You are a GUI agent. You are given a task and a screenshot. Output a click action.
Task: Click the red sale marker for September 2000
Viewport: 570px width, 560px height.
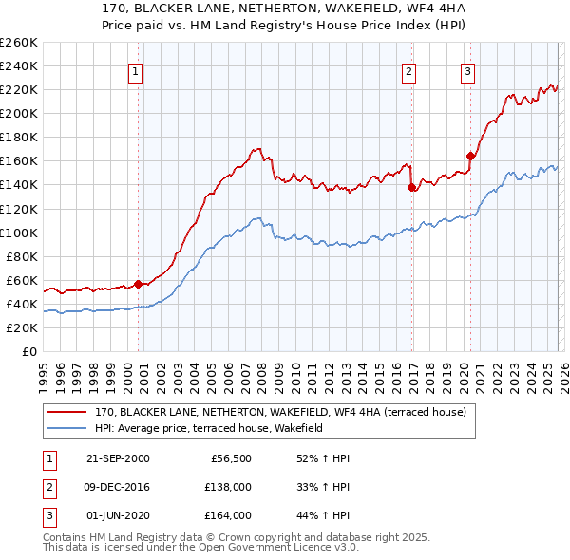[x=138, y=283]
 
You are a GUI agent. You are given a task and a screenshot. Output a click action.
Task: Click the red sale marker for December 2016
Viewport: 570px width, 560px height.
[x=410, y=187]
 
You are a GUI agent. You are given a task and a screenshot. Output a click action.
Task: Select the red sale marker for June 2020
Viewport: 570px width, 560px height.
[x=469, y=156]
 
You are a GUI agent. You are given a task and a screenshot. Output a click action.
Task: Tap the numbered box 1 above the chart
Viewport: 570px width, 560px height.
[x=136, y=71]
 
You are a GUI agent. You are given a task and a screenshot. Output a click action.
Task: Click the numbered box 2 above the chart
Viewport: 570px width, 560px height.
[x=408, y=71]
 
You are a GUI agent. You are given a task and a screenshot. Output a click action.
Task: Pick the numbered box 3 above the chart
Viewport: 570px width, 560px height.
[x=467, y=71]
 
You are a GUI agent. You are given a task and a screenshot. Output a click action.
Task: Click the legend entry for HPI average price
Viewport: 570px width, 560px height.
[x=209, y=429]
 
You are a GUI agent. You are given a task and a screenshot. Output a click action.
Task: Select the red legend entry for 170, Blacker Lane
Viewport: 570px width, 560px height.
[x=279, y=413]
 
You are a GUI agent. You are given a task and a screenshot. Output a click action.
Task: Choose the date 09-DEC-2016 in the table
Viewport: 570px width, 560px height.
[x=118, y=487]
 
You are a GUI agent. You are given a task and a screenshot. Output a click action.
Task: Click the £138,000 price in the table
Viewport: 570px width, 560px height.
[x=228, y=487]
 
